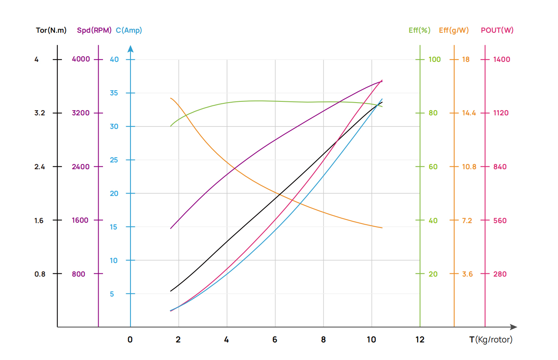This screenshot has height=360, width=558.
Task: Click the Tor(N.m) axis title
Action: coord(51,30)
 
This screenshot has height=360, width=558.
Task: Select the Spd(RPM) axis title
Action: coord(94,30)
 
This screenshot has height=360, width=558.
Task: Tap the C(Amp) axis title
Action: coord(129,30)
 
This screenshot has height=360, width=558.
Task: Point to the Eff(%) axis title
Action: coord(419,30)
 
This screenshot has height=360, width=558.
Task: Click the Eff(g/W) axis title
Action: coord(454,30)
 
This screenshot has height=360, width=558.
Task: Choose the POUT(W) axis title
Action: coord(497,30)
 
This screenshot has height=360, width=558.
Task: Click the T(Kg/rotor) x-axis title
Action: coord(491,340)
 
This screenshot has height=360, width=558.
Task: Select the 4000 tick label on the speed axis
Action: coord(81,59)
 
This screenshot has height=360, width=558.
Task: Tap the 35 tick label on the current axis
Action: coord(114,93)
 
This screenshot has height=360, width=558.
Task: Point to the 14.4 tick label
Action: coord(469,113)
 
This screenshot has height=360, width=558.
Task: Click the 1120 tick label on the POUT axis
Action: coord(501,113)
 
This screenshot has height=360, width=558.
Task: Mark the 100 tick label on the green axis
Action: coord(435,59)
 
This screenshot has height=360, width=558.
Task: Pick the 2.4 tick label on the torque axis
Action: coord(40,167)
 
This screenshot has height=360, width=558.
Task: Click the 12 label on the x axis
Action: coord(420,340)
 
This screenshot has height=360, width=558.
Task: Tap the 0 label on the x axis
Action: coord(130,340)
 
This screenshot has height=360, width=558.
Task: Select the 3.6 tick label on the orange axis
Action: coord(467,274)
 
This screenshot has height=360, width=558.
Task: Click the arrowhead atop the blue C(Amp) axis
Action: coord(131,49)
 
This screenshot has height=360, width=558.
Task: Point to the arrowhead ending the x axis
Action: coord(514,327)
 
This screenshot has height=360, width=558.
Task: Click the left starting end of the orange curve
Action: coord(171,98)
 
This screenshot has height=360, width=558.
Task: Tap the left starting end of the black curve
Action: coord(171,291)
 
